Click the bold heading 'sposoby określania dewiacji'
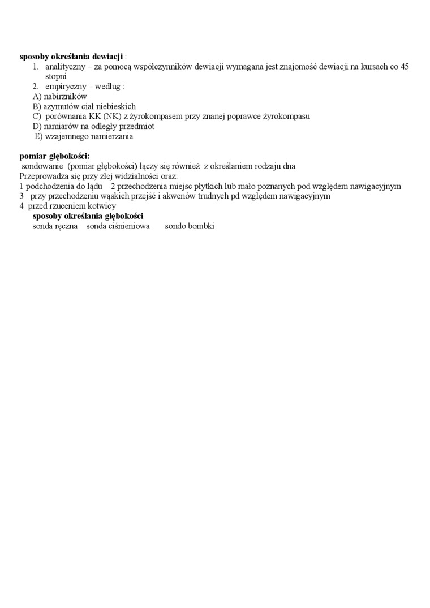[71, 57]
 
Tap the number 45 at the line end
[405, 67]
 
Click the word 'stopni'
[56, 76]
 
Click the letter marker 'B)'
[37, 106]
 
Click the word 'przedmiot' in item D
[136, 126]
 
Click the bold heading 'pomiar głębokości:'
[54, 156]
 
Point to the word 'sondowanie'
[42, 166]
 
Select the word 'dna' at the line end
[289, 166]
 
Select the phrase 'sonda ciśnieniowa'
[118, 226]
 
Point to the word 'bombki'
[201, 226]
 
